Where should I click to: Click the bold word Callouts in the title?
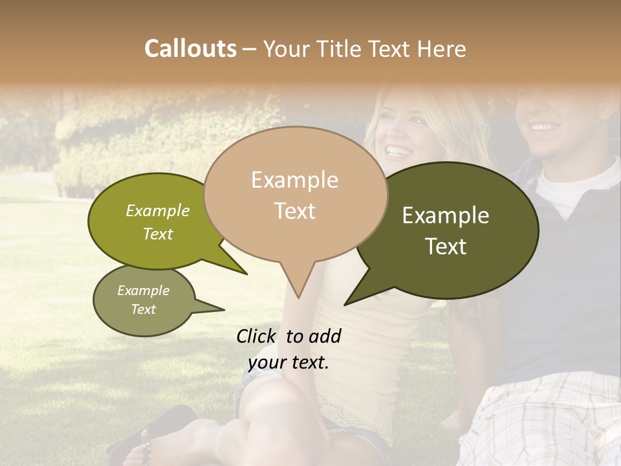pos(190,49)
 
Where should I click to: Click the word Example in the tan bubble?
pos(294,180)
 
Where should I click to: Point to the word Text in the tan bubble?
pos(294,210)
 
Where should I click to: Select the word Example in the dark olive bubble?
pos(446,216)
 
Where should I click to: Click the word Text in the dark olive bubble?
pos(446,246)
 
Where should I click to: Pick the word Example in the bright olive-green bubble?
pos(158,210)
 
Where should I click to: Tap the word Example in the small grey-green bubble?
pos(143,291)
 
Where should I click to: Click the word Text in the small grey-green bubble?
pos(143,309)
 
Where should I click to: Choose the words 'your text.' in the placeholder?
pos(289,362)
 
